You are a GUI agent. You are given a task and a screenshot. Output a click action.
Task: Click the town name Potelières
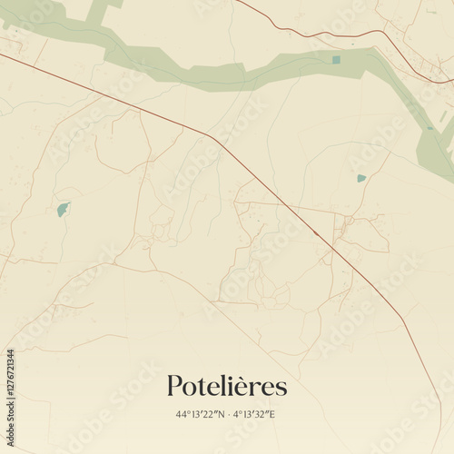click(x=226, y=387)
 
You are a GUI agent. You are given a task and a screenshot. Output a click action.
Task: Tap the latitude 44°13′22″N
click(x=201, y=415)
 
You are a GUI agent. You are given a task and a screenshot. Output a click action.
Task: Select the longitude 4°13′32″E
click(x=256, y=415)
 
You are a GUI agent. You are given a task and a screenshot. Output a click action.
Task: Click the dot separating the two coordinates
click(x=230, y=415)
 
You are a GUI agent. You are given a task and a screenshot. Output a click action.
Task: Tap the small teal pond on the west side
click(x=63, y=210)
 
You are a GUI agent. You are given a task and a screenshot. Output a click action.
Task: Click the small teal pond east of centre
click(x=361, y=179)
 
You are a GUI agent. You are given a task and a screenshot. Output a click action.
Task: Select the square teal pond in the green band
click(x=336, y=60)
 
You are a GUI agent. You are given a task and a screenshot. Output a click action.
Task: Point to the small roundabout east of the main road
click(x=346, y=221)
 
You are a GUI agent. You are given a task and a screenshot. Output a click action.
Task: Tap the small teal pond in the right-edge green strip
click(x=429, y=128)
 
